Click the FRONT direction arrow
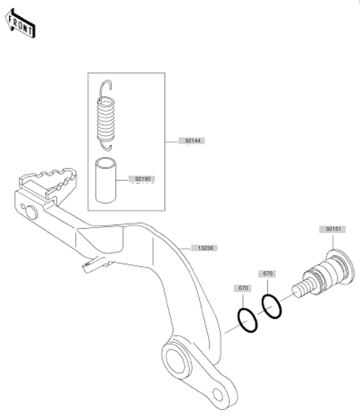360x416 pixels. [20, 24]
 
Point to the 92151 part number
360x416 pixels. [333, 229]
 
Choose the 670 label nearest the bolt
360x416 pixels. [267, 273]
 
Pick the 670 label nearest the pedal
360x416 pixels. [242, 288]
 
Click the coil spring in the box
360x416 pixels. [106, 115]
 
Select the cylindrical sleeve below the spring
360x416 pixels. [106, 181]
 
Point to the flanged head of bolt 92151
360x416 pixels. [341, 267]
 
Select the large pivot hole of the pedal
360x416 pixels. [175, 361]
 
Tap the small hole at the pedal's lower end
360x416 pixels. [218, 394]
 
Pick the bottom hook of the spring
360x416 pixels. [106, 147]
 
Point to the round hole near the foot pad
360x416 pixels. [32, 212]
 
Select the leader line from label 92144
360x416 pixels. [171, 142]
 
